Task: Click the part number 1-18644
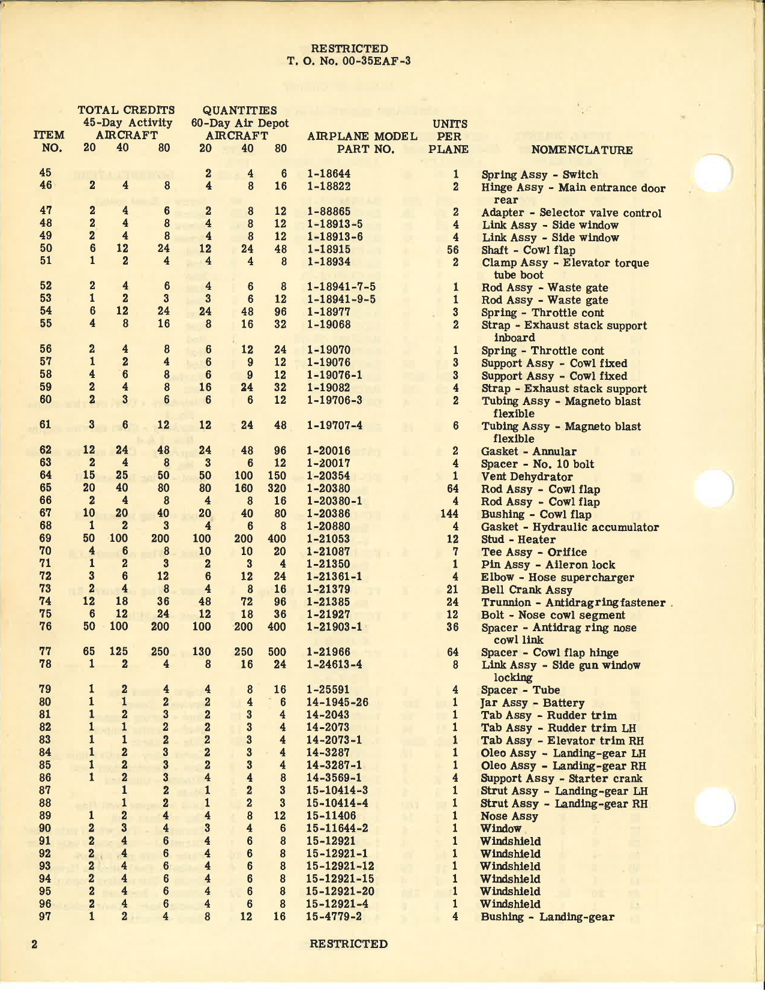328,174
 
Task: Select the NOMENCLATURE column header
581,150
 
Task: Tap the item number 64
46,476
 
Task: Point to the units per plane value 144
449,514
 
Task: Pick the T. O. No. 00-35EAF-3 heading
349,61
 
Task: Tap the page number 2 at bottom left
35,944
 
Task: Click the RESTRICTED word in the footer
349,943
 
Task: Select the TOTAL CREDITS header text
126,110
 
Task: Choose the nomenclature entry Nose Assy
509,815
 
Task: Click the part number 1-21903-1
334,626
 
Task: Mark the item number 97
46,916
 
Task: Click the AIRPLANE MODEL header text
362,136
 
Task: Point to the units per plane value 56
453,250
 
